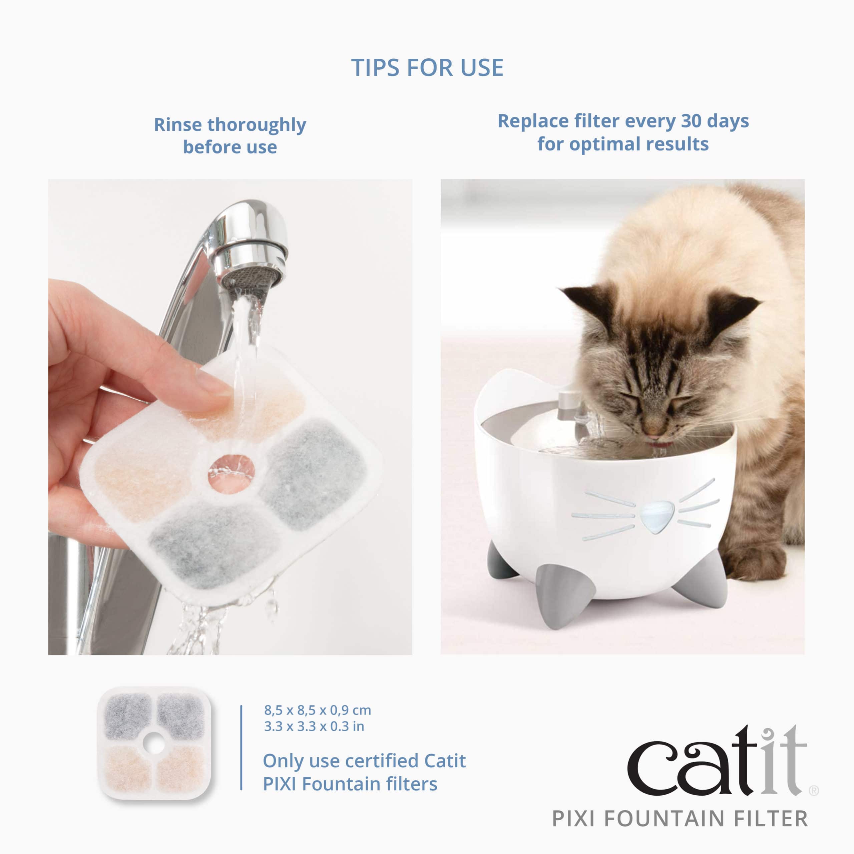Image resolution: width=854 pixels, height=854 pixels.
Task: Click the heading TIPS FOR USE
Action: coord(427,68)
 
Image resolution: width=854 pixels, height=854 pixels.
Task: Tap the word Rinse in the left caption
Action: coord(178,125)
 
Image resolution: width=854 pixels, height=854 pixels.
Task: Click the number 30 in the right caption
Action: coord(692,121)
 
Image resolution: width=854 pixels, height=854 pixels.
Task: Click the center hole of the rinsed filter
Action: coord(231,473)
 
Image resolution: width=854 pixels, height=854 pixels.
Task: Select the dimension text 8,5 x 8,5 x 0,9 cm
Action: coord(317,710)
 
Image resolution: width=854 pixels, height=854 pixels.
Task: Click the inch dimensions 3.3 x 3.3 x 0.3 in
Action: coord(314,726)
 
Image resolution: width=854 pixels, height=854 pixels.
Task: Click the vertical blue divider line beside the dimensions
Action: coord(241,747)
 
